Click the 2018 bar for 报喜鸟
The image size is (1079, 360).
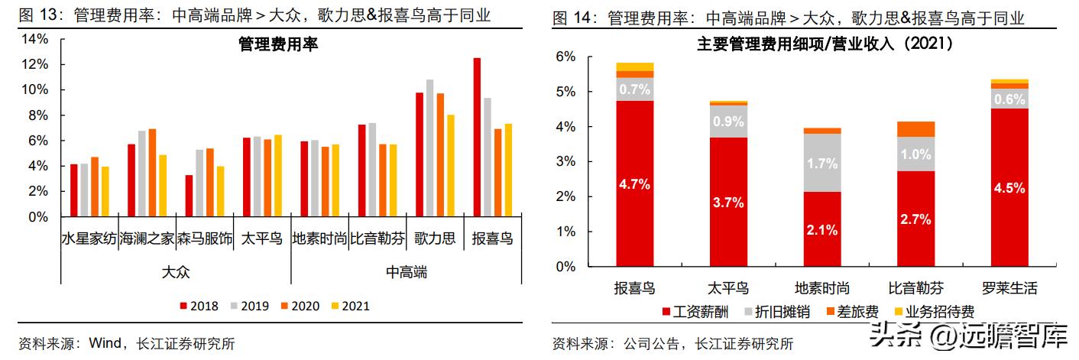click(477, 138)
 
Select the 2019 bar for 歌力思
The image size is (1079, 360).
click(429, 148)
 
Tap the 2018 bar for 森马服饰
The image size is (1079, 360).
click(189, 196)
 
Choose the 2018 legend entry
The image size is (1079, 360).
click(199, 306)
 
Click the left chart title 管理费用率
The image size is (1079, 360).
click(278, 45)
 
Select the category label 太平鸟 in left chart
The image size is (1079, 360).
click(261, 238)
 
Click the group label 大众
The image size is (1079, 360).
click(176, 271)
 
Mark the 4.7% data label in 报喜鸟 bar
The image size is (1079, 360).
click(634, 184)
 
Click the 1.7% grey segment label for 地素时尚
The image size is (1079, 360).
click(821, 163)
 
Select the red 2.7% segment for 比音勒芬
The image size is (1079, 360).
click(915, 219)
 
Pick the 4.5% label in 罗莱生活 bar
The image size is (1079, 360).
click(1009, 187)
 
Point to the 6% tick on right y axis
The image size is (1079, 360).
click(565, 57)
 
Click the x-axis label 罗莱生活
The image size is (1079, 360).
click(1009, 288)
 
